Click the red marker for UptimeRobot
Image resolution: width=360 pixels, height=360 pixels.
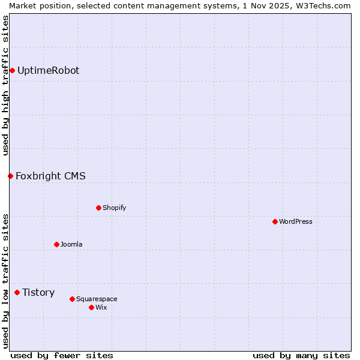[12, 71]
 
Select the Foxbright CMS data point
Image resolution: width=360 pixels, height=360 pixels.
[10, 176]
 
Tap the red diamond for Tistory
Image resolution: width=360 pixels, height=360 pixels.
[17, 293]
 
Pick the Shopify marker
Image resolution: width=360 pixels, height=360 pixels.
[98, 208]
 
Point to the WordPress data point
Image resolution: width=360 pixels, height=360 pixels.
[275, 222]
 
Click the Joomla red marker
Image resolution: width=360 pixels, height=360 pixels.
[56, 245]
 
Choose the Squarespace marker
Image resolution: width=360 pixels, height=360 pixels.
[72, 299]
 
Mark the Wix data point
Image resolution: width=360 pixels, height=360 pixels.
[91, 308]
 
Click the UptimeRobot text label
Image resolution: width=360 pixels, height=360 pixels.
[48, 71]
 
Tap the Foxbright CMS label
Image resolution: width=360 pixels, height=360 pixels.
[50, 176]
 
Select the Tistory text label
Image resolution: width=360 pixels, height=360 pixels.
[38, 293]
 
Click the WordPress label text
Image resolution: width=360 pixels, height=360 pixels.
[295, 222]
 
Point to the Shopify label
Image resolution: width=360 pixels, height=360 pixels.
[114, 208]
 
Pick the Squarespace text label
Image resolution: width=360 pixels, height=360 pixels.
[97, 299]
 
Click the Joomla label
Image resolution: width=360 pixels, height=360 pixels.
[71, 245]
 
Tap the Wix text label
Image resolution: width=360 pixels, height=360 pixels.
[101, 308]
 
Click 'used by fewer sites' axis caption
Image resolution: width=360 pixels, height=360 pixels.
[62, 355]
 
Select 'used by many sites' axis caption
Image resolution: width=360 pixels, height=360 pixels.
[301, 355]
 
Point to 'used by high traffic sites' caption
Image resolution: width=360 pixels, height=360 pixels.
[5, 85]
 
